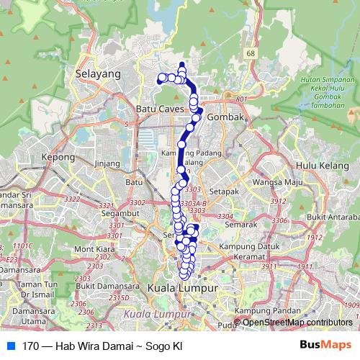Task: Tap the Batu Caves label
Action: (161, 109)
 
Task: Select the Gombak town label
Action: (225, 115)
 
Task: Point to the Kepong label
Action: (58, 156)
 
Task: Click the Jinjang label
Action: (107, 163)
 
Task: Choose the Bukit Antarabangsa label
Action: (336, 216)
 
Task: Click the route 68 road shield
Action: (251, 53)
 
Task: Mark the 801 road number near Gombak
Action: (240, 99)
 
